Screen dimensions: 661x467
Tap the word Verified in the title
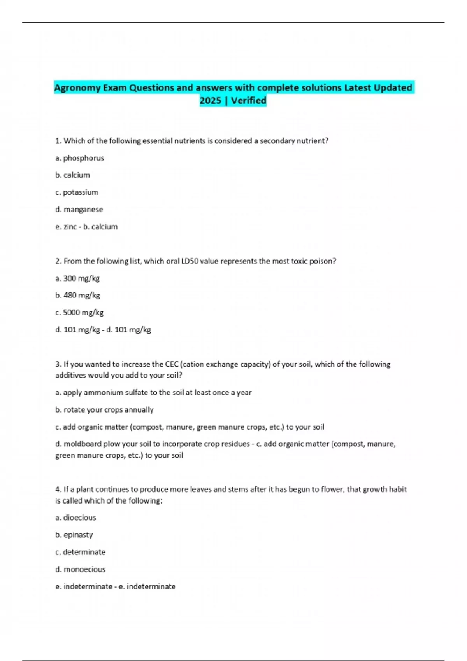pyautogui.click(x=248, y=101)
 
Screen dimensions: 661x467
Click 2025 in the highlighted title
pyautogui.click(x=210, y=101)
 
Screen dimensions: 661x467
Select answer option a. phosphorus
pyautogui.click(x=79, y=158)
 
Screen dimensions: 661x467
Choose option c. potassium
pyautogui.click(x=77, y=192)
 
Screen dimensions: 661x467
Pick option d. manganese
pyautogui.click(x=79, y=210)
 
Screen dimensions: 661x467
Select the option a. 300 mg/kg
pyautogui.click(x=77, y=278)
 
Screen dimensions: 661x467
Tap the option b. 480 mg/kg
pyautogui.click(x=77, y=295)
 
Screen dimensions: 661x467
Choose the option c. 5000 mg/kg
pyautogui.click(x=79, y=312)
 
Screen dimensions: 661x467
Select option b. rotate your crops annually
pyautogui.click(x=104, y=410)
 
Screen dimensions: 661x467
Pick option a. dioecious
pyautogui.click(x=75, y=518)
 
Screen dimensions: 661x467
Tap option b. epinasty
pyautogui.click(x=74, y=535)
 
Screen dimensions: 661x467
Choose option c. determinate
pyautogui.click(x=80, y=552)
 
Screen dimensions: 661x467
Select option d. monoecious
pyautogui.click(x=80, y=569)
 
